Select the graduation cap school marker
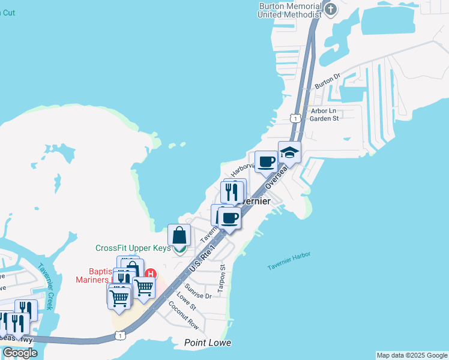coord(289,152)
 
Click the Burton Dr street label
coord(328,80)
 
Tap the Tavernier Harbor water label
coord(289,259)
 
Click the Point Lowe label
coord(208,343)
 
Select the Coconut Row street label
coord(183,314)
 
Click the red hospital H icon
coord(152,274)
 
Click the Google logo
coord(19,353)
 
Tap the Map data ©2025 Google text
coord(412,355)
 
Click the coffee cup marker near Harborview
coord(266,161)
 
